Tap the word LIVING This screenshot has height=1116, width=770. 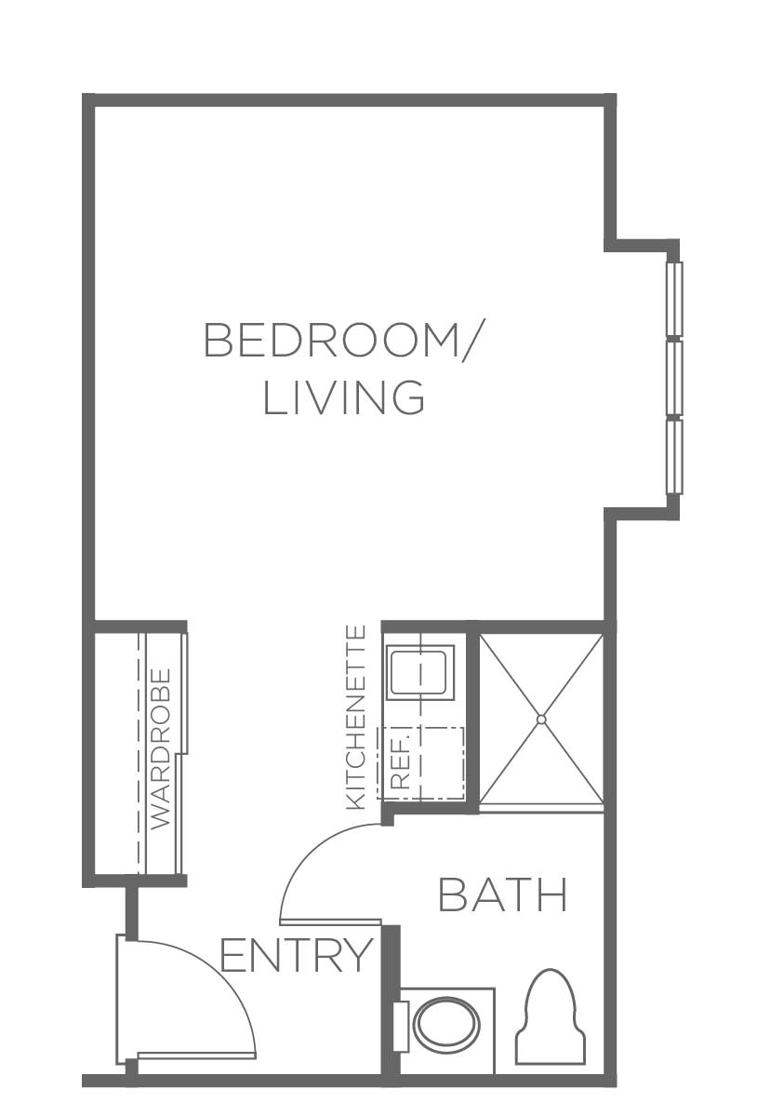pyautogui.click(x=344, y=397)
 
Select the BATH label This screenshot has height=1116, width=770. pyautogui.click(x=503, y=894)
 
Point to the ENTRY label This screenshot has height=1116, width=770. pyautogui.click(x=297, y=955)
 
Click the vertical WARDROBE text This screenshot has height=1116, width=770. pyautogui.click(x=162, y=748)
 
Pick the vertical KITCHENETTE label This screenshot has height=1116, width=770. pyautogui.click(x=355, y=718)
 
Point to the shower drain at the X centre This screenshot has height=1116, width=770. pyautogui.click(x=541, y=719)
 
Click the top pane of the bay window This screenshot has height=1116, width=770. pyautogui.click(x=674, y=300)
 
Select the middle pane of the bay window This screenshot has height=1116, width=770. pyautogui.click(x=674, y=378)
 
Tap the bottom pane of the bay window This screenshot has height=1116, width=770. pyautogui.click(x=674, y=456)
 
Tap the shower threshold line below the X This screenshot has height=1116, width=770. pyautogui.click(x=542, y=806)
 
